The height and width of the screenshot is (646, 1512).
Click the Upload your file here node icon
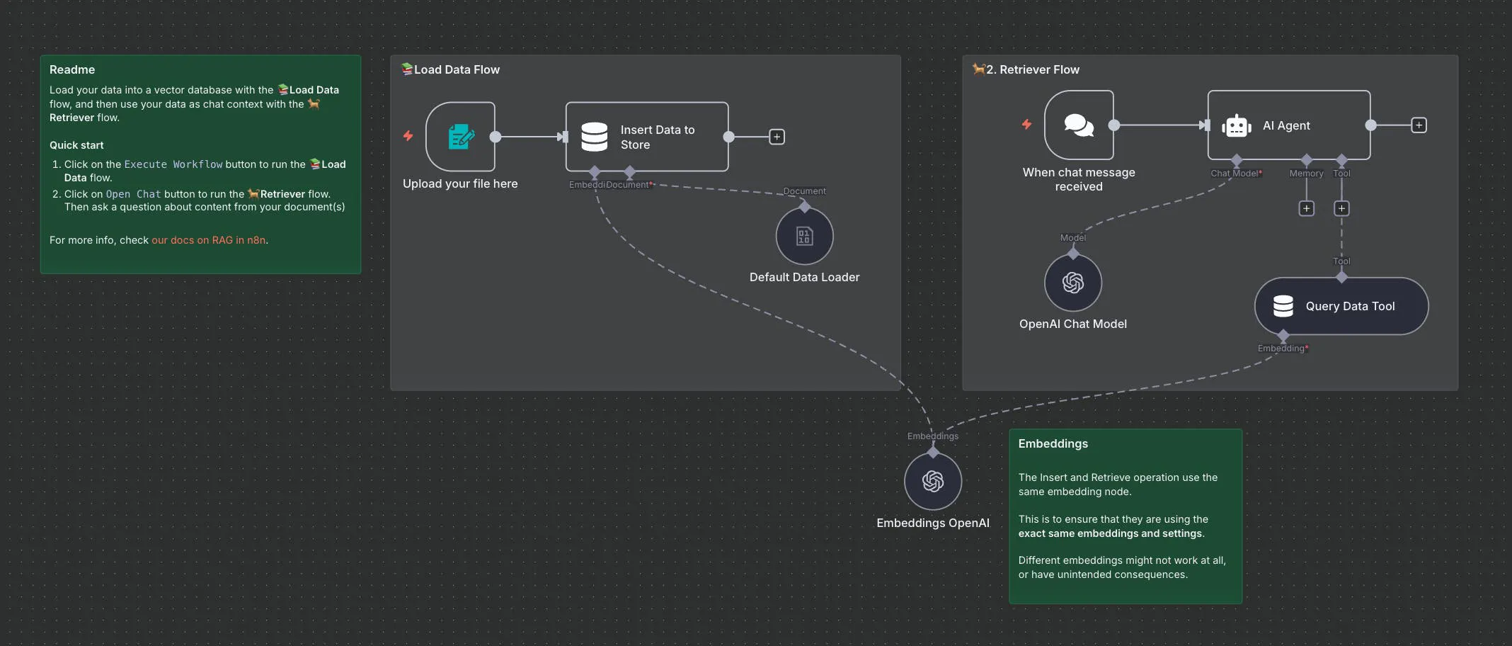(x=460, y=137)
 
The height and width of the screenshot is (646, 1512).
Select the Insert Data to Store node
(x=646, y=137)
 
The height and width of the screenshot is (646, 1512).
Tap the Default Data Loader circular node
(x=804, y=236)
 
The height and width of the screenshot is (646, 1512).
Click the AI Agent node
(x=1288, y=125)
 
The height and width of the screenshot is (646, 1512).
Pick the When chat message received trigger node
(x=1079, y=125)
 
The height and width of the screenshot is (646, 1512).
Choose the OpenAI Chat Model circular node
(x=1073, y=283)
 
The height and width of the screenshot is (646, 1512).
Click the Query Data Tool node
(x=1341, y=306)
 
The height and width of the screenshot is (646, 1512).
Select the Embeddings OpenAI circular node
(x=933, y=482)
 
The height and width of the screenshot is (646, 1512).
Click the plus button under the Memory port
(x=1306, y=208)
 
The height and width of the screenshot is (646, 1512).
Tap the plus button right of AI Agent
(x=1419, y=125)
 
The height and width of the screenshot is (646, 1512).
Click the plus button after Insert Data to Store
(x=777, y=137)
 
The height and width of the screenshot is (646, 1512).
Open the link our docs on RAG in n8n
(x=209, y=240)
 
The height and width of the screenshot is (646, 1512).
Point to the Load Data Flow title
(x=457, y=69)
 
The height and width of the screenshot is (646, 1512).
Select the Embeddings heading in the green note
(x=1053, y=443)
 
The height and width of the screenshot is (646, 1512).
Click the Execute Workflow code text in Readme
(x=173, y=164)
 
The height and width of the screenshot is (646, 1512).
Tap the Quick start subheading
(x=76, y=145)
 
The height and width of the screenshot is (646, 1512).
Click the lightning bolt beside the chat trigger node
(x=1026, y=125)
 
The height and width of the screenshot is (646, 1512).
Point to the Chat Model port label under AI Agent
(x=1235, y=174)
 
